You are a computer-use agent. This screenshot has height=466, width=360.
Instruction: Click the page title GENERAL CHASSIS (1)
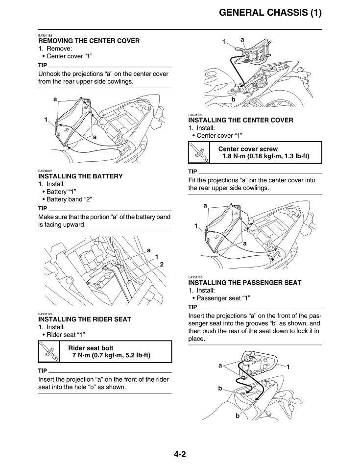tap(270, 13)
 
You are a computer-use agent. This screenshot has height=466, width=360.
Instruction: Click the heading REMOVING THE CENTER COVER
tap(89, 41)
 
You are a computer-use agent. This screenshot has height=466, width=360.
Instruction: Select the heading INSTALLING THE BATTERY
tap(80, 176)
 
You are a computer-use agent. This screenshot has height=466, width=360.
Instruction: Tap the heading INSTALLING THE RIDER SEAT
tap(85, 319)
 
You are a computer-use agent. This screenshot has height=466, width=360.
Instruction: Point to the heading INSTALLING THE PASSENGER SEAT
tap(245, 283)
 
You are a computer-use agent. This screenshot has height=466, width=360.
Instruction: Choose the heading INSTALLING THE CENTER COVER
tap(240, 121)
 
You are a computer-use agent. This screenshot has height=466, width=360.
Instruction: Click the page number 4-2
tap(180, 454)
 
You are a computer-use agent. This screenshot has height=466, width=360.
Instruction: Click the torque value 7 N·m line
tap(111, 355)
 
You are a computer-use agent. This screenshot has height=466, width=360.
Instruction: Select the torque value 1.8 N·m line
tap(266, 156)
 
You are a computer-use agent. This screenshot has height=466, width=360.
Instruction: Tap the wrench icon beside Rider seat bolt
tap(49, 352)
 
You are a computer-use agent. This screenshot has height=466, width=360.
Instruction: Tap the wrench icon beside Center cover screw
tap(199, 152)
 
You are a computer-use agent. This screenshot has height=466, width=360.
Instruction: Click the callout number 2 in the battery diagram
tap(162, 264)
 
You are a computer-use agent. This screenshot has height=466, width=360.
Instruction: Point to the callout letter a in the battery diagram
tap(149, 250)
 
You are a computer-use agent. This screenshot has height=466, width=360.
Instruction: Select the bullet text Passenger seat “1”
tap(223, 298)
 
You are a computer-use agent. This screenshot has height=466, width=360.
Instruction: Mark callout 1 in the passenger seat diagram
tap(288, 367)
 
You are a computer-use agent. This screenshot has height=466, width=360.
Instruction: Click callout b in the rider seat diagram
tap(234, 99)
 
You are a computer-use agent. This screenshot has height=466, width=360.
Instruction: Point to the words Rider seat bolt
tap(91, 348)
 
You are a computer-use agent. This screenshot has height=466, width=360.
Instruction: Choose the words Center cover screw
tap(248, 149)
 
